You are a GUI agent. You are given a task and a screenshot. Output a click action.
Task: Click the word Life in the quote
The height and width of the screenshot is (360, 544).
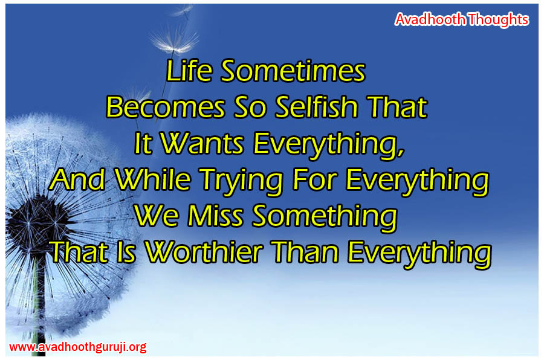[189, 71]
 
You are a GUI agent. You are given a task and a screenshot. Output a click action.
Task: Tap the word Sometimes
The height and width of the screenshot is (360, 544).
[293, 71]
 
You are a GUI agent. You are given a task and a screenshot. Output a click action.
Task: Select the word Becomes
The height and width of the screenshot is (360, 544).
[166, 107]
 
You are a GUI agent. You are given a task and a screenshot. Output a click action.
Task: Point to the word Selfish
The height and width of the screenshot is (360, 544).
[316, 107]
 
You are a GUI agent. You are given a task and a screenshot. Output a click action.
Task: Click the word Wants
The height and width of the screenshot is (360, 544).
[202, 143]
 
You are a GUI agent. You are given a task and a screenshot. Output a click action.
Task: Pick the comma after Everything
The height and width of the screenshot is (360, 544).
[401, 152]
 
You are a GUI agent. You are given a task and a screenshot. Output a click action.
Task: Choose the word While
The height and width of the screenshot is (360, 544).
[153, 179]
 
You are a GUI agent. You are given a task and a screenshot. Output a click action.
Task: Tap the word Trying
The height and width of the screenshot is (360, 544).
[242, 181]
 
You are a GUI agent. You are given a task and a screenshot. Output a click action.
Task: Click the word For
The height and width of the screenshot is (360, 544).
[314, 179]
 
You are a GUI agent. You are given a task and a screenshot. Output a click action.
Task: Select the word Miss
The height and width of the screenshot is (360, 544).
[215, 216]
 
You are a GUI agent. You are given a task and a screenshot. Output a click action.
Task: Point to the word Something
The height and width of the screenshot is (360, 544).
[325, 217]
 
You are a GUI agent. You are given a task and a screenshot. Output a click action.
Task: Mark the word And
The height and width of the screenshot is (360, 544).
[77, 179]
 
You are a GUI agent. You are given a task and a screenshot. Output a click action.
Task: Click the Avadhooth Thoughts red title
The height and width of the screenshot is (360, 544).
[462, 19]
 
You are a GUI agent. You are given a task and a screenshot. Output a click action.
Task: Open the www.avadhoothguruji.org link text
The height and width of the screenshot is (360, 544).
[78, 347]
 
